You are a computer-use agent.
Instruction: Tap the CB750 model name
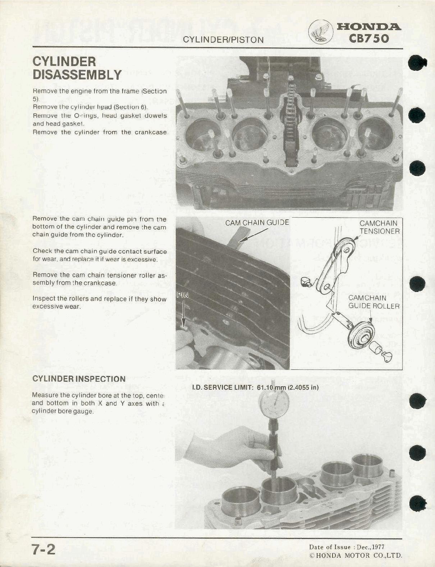[369, 38]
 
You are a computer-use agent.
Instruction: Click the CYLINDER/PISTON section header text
[223, 40]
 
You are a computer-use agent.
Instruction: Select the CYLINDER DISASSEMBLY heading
[77, 68]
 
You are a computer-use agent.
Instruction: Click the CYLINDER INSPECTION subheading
[79, 379]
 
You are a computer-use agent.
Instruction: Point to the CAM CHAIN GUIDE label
[257, 223]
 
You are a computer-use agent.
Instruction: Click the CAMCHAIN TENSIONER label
[379, 227]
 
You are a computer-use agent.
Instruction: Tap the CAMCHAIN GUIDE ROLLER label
[374, 302]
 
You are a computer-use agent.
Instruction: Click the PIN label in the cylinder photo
[183, 295]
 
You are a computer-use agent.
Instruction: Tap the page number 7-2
[43, 549]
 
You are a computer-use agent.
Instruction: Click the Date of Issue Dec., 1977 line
[347, 547]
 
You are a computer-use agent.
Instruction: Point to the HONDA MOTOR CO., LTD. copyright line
[355, 556]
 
